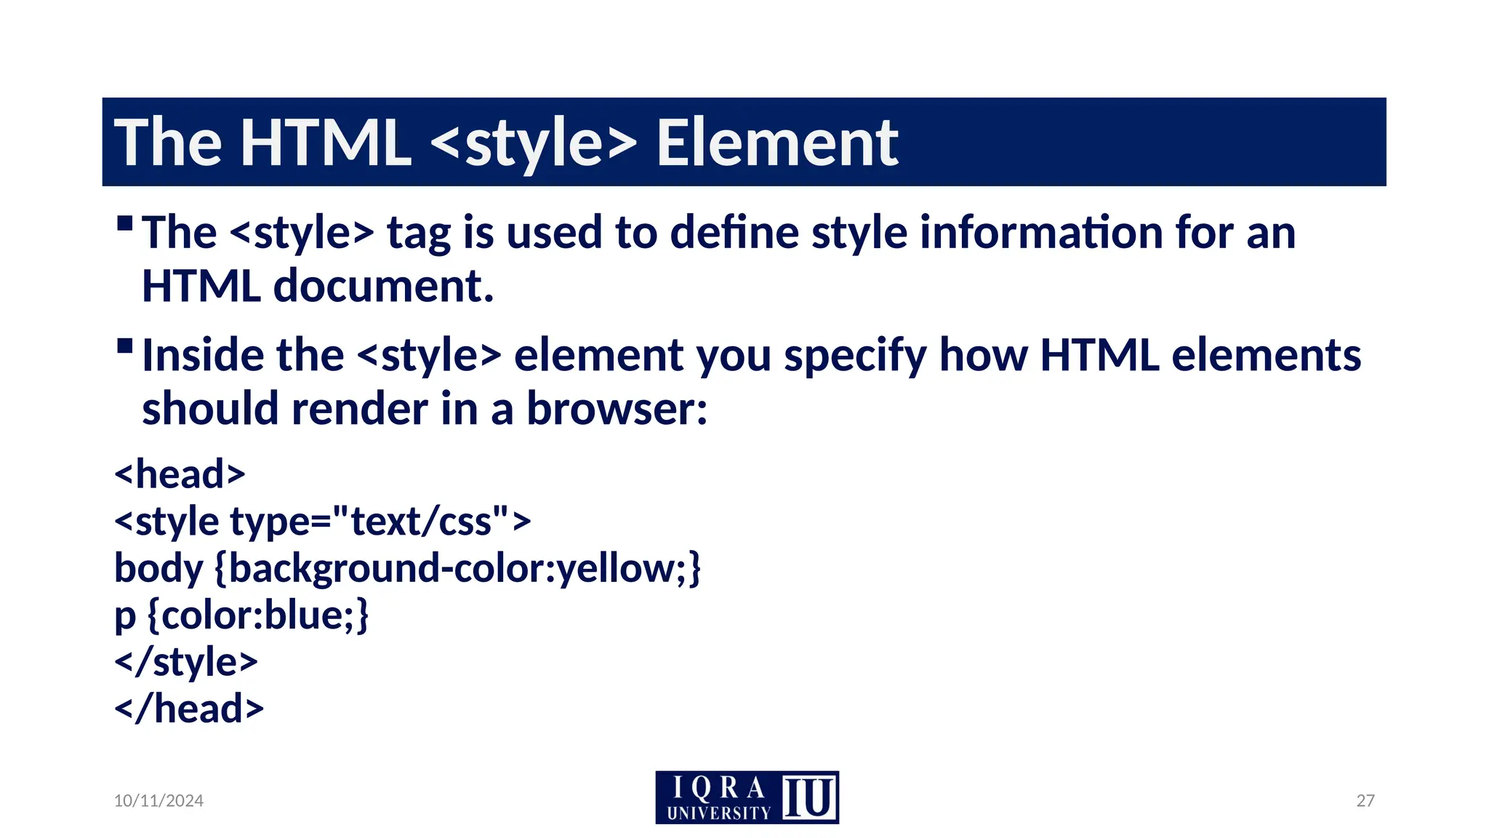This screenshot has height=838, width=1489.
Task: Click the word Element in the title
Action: point(776,143)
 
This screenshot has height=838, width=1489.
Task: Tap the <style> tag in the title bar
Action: point(534,143)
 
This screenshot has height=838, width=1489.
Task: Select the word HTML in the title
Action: point(325,143)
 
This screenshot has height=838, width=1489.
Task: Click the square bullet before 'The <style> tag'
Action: point(125,223)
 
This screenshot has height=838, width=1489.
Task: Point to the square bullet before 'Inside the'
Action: point(125,345)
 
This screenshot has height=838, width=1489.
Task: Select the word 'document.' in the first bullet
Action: point(383,286)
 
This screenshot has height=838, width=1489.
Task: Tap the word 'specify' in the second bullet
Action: point(855,356)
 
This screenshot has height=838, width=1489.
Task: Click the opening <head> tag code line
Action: point(180,474)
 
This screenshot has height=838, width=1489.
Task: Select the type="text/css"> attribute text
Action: point(380,522)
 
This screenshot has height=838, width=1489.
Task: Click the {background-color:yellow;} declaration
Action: point(458,568)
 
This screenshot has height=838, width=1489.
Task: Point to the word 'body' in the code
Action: point(158,568)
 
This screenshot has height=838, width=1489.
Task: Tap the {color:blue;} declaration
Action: point(258,615)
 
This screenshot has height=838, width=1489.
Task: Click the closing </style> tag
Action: point(186,662)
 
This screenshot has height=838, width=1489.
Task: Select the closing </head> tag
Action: point(189,709)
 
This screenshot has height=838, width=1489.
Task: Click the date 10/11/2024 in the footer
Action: point(158,801)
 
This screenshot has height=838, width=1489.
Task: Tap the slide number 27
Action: point(1365,801)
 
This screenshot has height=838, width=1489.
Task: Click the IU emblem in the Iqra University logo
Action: point(809,798)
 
